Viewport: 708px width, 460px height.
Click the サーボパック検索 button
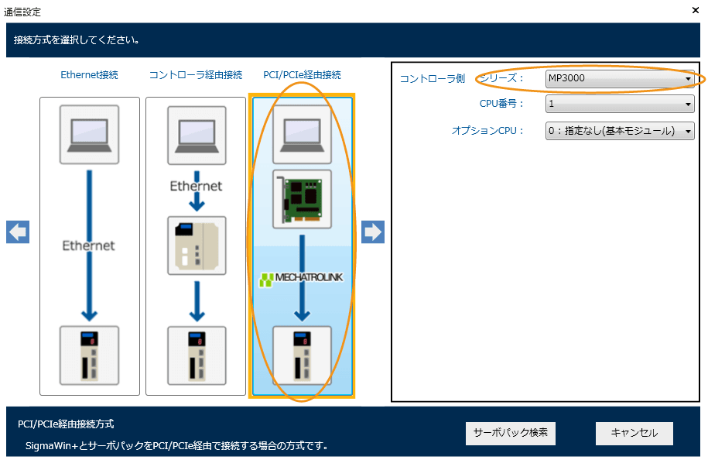tap(510, 433)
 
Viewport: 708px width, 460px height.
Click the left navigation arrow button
tap(18, 232)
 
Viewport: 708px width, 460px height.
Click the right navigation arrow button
tap(373, 232)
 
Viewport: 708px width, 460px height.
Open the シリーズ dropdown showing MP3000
tap(620, 79)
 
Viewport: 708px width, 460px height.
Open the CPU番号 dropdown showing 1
tap(620, 104)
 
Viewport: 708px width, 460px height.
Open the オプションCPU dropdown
tap(620, 131)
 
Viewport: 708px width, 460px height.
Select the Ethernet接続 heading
tap(90, 75)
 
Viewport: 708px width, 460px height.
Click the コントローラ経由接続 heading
tap(196, 75)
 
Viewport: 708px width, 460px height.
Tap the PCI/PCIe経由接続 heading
tap(302, 75)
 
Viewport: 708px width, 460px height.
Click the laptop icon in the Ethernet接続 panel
tap(90, 134)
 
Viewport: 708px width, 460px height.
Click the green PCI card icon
tap(302, 199)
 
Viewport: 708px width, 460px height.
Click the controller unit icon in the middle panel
tap(197, 245)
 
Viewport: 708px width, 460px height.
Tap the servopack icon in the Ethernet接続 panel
tap(90, 355)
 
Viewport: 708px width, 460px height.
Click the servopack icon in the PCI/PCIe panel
tap(302, 355)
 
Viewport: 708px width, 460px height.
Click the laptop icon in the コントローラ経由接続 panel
tap(197, 134)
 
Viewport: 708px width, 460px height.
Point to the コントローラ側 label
tap(433, 79)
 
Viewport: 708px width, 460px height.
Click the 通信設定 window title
tap(22, 12)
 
